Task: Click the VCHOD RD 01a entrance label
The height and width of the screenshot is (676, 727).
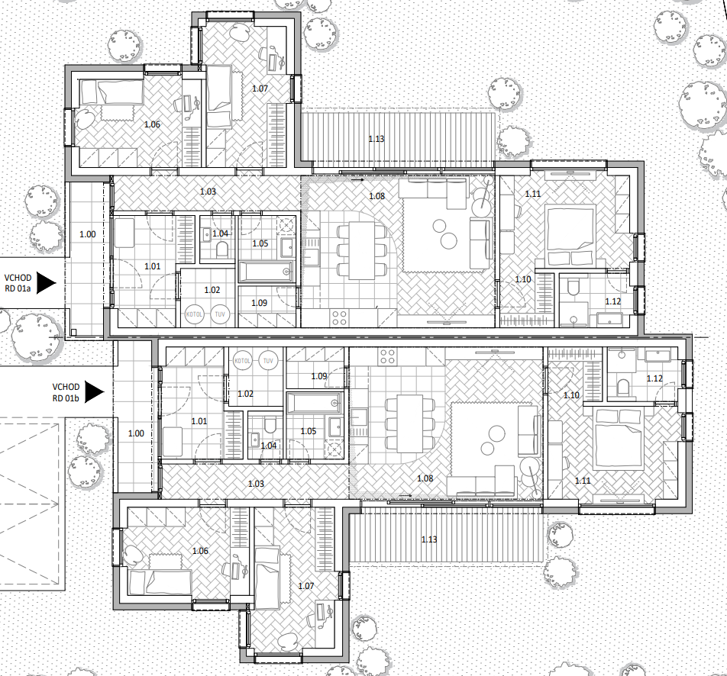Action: click(18, 283)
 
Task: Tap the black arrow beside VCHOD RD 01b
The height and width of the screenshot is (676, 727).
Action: click(95, 392)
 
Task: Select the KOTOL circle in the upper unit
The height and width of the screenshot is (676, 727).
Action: click(194, 314)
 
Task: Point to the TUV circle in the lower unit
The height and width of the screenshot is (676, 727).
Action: click(268, 360)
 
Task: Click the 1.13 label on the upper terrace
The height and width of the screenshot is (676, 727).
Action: click(376, 139)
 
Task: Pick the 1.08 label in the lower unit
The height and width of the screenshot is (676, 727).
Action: click(425, 478)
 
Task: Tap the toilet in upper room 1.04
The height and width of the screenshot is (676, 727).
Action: click(222, 251)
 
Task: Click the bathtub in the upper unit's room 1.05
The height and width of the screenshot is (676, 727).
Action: click(267, 272)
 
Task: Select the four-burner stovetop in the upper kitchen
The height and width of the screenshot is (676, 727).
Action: click(339, 318)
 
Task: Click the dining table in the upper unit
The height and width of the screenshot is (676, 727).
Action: click(362, 251)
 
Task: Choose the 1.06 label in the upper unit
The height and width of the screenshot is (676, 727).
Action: click(152, 124)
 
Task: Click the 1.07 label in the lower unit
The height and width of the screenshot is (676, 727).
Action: click(306, 586)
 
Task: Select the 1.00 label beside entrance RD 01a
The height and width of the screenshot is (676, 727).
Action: click(88, 234)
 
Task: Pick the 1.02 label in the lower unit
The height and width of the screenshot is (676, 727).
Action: click(245, 394)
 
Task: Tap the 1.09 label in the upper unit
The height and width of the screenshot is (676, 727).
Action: click(259, 303)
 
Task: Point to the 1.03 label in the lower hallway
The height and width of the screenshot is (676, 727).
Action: click(256, 484)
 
